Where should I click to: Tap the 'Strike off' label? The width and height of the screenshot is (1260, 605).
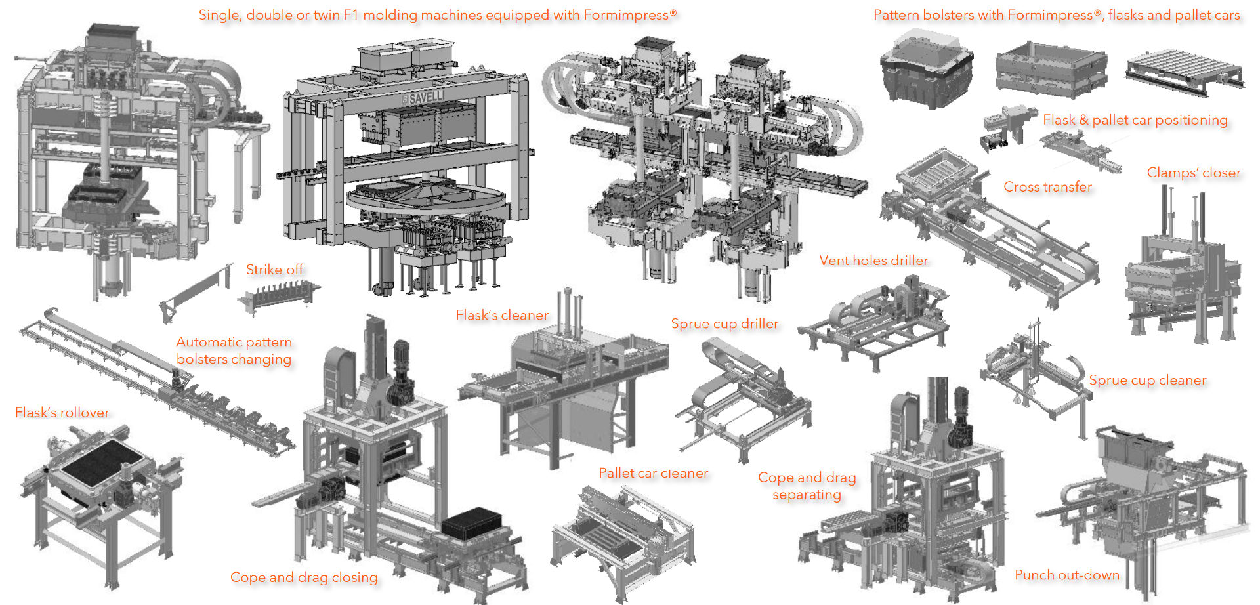click(x=274, y=270)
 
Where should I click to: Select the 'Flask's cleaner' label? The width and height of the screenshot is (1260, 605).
click(x=502, y=316)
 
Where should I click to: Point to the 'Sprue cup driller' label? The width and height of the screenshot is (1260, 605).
click(x=724, y=324)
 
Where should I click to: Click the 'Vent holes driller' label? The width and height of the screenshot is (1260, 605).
click(x=873, y=261)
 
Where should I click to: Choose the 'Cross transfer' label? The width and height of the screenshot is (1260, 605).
click(x=1047, y=187)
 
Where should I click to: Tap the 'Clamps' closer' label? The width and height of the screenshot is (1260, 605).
click(x=1194, y=173)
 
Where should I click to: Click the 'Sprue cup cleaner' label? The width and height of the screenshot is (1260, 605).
click(x=1148, y=381)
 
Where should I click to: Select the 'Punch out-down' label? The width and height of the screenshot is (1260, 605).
click(x=1067, y=575)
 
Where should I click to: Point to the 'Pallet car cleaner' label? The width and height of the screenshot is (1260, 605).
click(x=654, y=473)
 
